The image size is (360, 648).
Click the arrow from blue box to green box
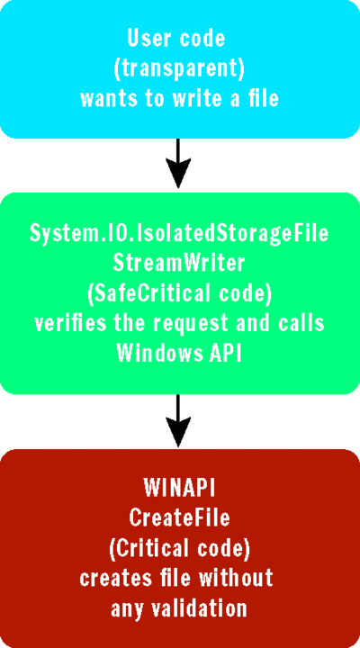click(x=180, y=161)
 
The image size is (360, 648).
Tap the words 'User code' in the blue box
click(x=180, y=38)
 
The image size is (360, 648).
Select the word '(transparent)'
click(x=180, y=68)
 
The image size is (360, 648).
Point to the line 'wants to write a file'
click(x=180, y=98)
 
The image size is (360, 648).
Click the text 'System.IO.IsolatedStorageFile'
click(x=179, y=234)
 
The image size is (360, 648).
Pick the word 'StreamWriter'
click(x=179, y=265)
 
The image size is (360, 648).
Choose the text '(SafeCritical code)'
click(x=179, y=294)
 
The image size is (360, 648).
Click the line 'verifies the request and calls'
click(x=179, y=324)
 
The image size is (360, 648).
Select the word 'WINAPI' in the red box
click(x=179, y=490)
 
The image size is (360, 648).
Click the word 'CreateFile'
click(x=179, y=519)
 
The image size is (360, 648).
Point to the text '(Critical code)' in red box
click(x=179, y=550)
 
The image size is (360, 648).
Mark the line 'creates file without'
click(x=179, y=579)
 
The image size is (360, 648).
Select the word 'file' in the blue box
click(x=262, y=98)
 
